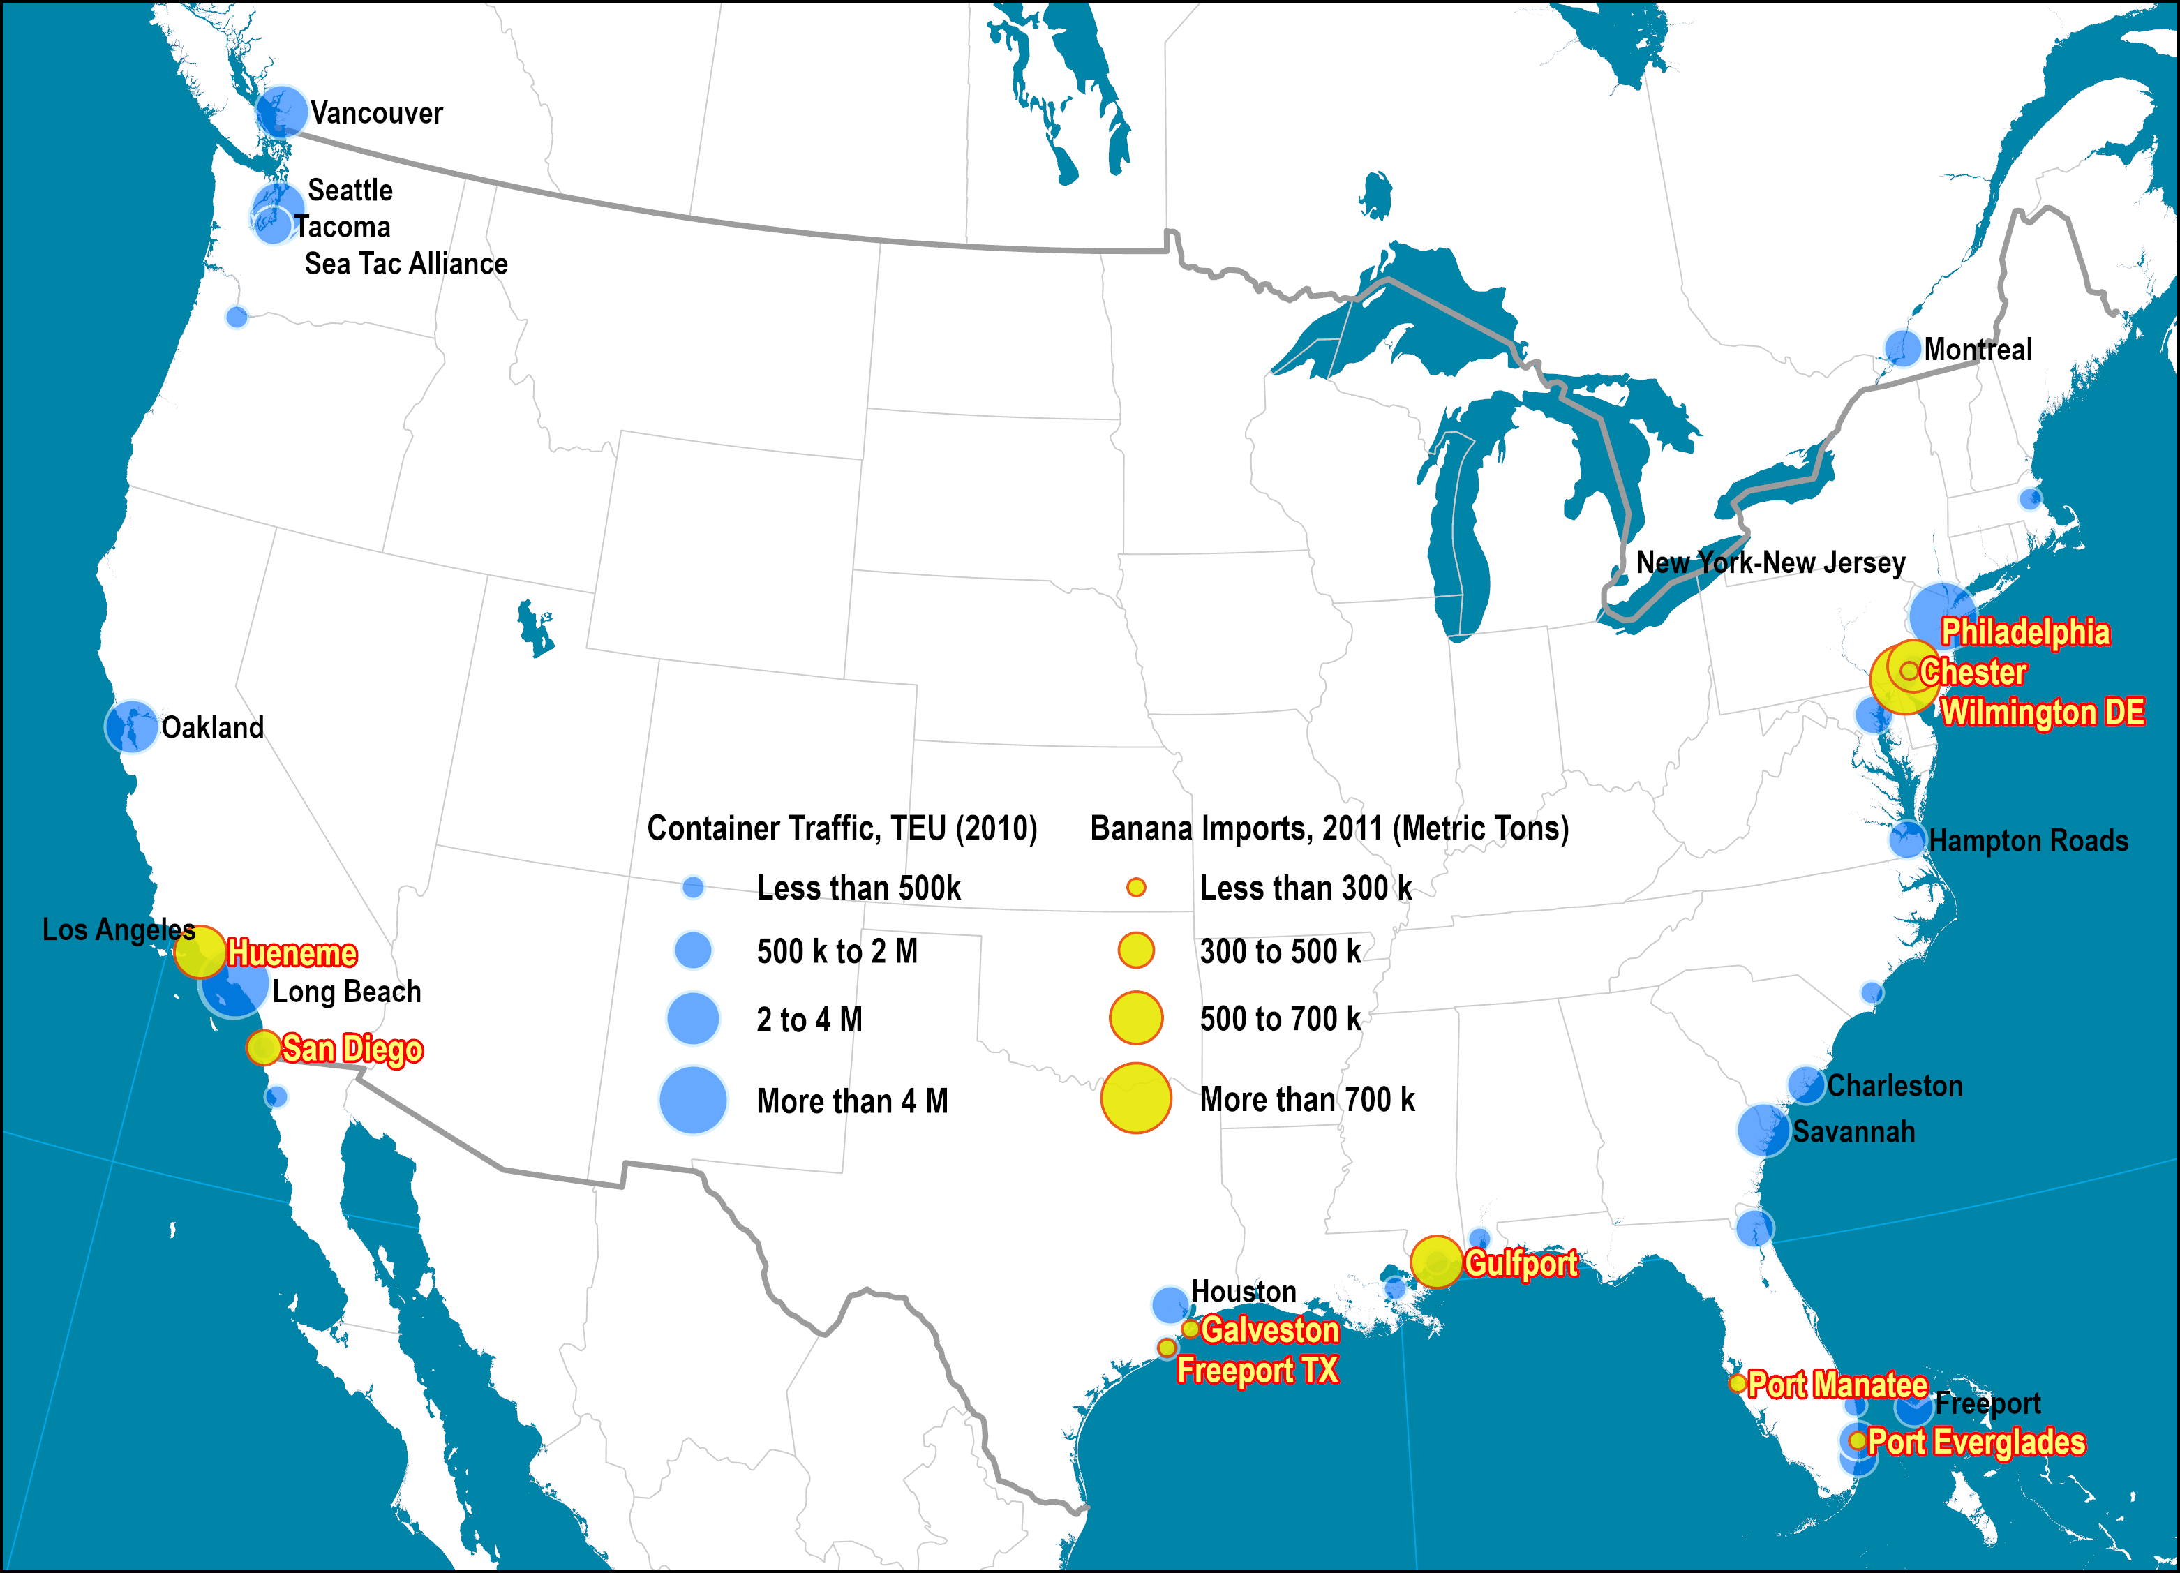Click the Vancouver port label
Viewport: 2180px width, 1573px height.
tap(376, 114)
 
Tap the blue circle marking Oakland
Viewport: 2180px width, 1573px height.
tap(132, 727)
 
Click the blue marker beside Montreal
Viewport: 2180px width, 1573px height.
tap(1902, 348)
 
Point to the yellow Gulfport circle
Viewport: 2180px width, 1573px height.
tap(1436, 1262)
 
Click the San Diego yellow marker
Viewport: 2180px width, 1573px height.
tap(263, 1047)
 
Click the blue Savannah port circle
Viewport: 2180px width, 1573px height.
tap(1763, 1130)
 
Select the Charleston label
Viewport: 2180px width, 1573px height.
tap(1895, 1085)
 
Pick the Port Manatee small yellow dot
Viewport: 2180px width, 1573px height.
tap(1737, 1384)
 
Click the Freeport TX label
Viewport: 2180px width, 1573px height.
tap(1257, 1369)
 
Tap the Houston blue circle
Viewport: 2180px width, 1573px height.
tap(1170, 1305)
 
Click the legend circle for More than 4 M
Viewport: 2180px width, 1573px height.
tap(692, 1100)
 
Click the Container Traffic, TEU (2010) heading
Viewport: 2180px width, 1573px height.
tap(842, 828)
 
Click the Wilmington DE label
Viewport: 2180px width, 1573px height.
tap(2043, 713)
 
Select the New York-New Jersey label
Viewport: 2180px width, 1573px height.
tap(1770, 562)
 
